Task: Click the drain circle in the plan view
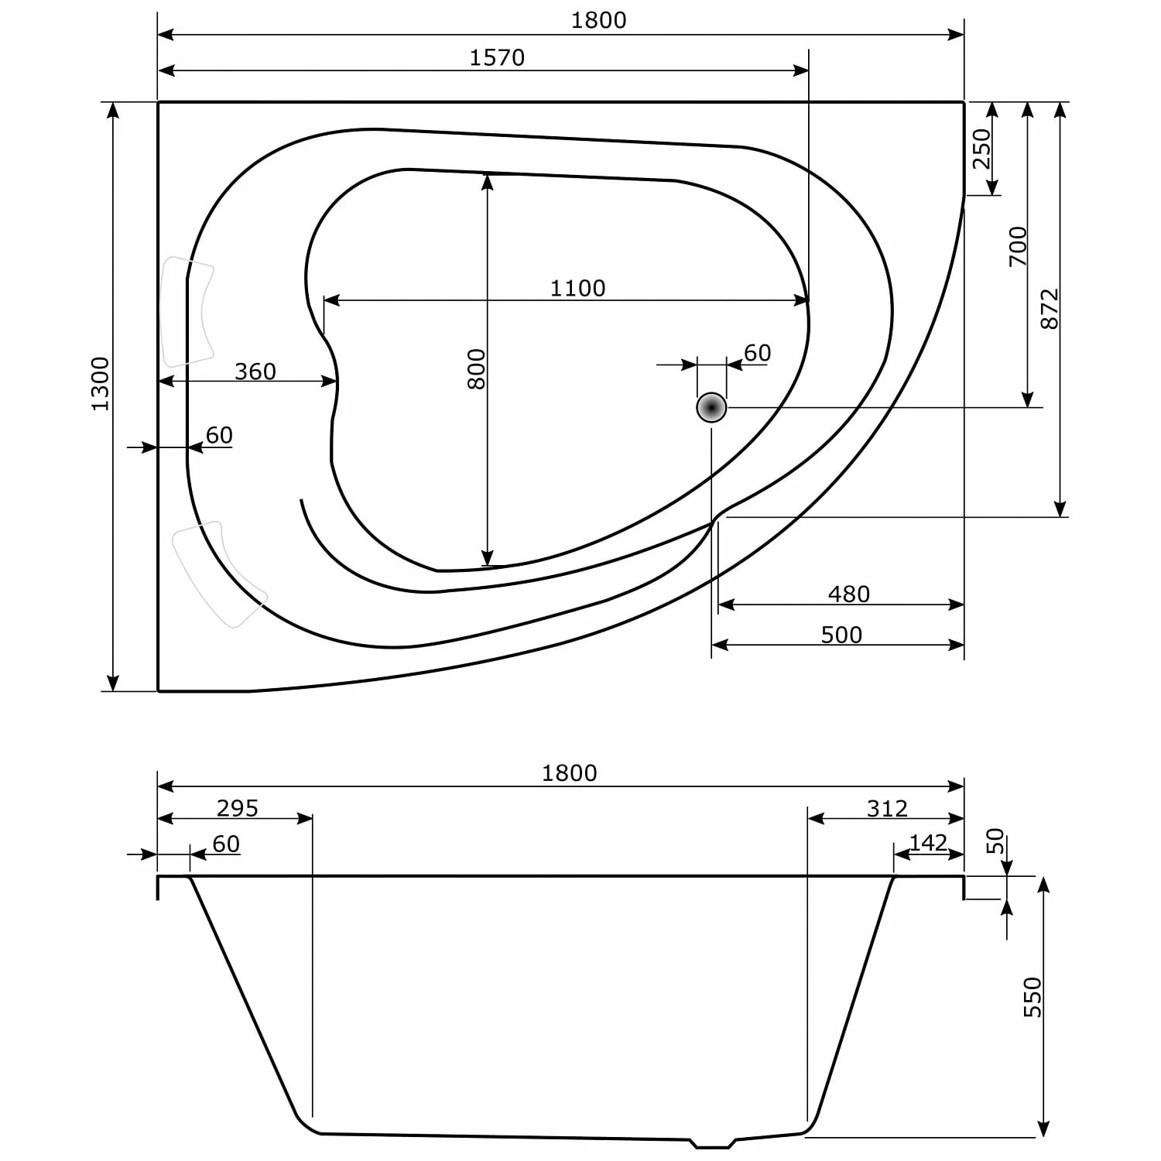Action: (711, 407)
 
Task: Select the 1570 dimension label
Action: (497, 58)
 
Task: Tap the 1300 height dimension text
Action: (101, 384)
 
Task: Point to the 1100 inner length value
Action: (577, 288)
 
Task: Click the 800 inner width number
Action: (476, 369)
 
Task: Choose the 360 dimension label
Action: (255, 372)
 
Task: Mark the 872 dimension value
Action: (1049, 309)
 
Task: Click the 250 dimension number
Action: (981, 149)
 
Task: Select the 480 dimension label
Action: (848, 594)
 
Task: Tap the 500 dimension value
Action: (841, 635)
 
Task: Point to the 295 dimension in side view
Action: (237, 808)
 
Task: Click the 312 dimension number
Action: (886, 808)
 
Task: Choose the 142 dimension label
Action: (928, 842)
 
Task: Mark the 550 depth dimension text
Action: (1033, 997)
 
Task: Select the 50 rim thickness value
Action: (995, 841)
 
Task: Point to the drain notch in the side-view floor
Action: (712, 1142)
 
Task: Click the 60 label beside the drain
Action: (757, 353)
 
